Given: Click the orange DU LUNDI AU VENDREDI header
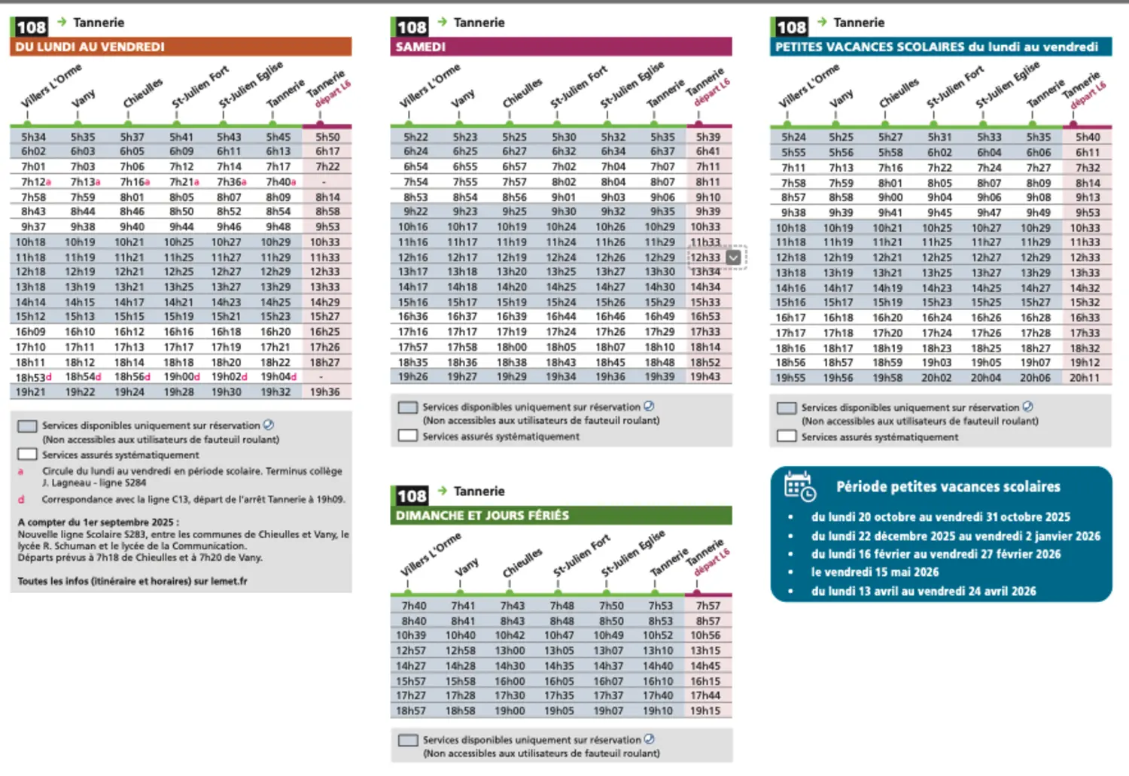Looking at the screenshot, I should click(181, 47).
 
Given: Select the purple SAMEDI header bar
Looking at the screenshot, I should click(561, 47).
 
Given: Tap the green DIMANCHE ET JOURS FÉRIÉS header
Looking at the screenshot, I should click(561, 516).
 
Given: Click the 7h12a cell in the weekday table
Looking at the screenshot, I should click(35, 182).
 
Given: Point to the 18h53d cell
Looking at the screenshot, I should click(34, 377).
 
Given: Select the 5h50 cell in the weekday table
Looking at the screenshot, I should click(327, 137).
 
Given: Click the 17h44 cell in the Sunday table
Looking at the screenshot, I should click(705, 695).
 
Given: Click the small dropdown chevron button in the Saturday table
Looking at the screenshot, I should click(734, 257).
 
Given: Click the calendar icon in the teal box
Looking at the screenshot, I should click(799, 486).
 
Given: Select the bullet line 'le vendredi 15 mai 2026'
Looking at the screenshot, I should click(875, 572).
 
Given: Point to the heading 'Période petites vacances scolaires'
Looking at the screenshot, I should click(948, 487).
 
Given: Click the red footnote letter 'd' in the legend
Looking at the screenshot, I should click(21, 499).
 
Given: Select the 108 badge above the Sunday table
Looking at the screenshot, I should click(412, 496).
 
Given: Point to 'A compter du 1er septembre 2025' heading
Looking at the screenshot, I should click(99, 522).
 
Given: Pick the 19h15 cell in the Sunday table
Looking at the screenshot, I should click(705, 711).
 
